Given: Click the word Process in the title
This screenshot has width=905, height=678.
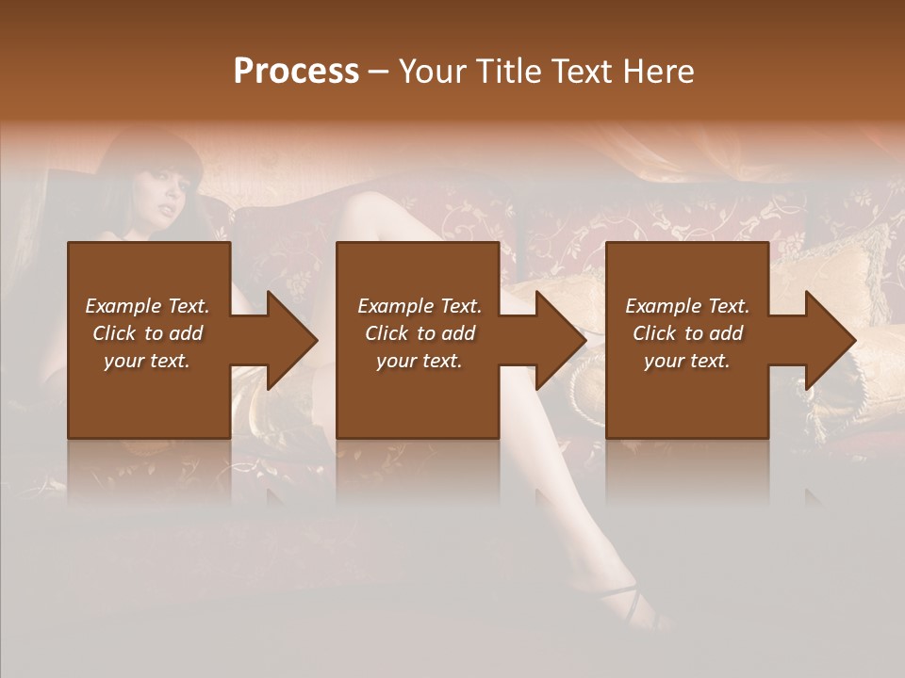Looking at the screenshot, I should [296, 72].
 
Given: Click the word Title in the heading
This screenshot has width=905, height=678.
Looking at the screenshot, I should [504, 72].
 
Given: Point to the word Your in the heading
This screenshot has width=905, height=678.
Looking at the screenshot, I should [434, 72].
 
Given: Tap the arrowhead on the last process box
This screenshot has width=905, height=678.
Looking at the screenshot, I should [829, 340].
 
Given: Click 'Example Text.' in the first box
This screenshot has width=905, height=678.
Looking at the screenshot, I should [147, 306].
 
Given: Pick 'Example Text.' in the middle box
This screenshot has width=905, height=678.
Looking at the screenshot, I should [420, 306].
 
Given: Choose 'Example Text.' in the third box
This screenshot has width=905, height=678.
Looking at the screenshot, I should [687, 306].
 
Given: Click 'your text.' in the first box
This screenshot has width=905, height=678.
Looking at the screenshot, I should [147, 361].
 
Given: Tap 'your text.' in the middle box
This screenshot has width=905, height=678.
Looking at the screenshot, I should [420, 361].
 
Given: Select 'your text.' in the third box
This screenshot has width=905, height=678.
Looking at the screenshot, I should [687, 361].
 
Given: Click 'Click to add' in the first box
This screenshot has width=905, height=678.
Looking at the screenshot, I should [147, 333].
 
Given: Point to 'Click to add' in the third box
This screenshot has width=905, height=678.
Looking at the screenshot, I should [687, 333].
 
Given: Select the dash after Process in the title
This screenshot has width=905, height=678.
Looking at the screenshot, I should [378, 73].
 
